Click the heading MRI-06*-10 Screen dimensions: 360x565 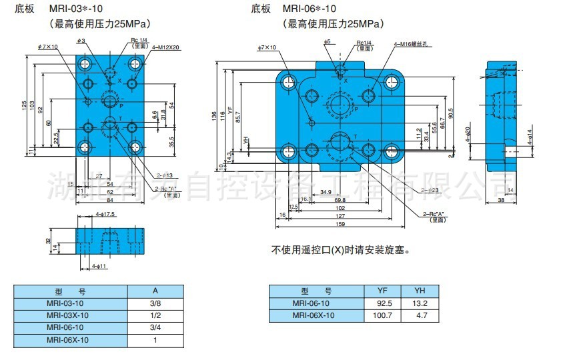point(311,9)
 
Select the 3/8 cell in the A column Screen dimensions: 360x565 point(155,303)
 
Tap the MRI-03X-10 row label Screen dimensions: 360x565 point(67,315)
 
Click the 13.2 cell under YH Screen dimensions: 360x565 point(420,303)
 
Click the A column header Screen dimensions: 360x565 point(155,291)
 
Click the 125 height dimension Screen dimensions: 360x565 point(24,105)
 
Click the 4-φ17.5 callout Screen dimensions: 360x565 point(105,214)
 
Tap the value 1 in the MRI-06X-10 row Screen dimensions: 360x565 point(155,339)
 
